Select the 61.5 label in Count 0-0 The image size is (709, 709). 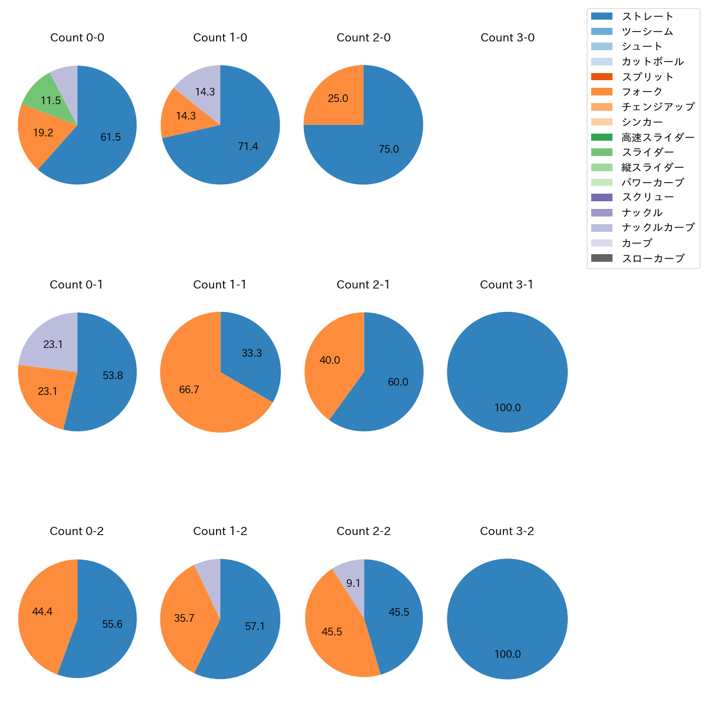coord(111,137)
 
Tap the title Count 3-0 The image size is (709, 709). coord(507,38)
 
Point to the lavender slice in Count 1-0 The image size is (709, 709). coord(202,87)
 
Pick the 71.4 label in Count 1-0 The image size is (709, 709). coord(248,146)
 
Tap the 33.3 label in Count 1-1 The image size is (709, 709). coord(252,353)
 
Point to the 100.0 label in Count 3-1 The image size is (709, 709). coord(507,408)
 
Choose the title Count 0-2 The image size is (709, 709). coord(77,531)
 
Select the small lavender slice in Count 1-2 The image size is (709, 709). coord(209,570)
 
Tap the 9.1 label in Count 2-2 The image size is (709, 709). coord(353,584)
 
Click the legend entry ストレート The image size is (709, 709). coord(647,16)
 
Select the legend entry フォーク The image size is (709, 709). coord(642,92)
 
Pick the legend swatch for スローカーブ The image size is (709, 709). coord(602,258)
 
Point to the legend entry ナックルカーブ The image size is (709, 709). coord(658,227)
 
